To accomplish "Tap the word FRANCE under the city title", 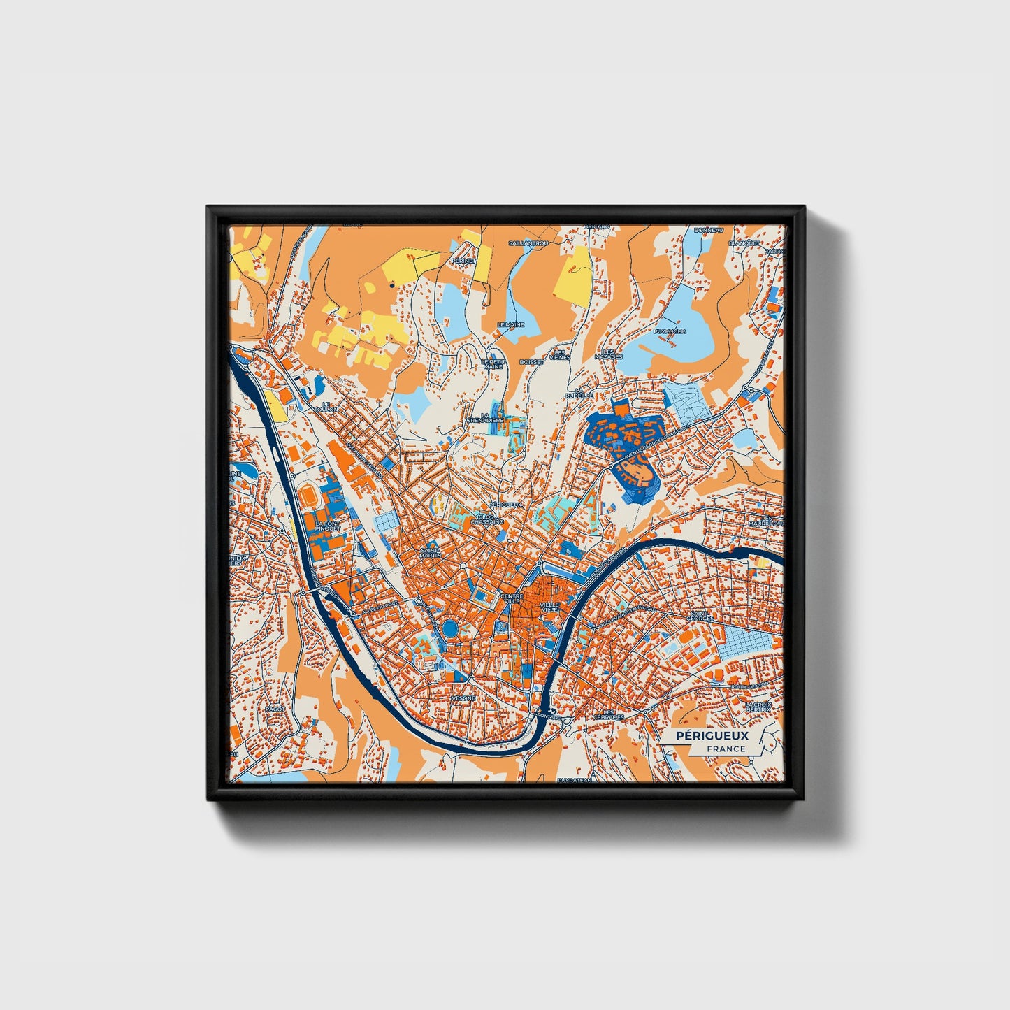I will [726, 749].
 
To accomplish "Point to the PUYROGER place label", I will [670, 331].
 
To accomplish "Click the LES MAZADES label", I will [608, 354].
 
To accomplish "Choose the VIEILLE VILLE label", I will [550, 607].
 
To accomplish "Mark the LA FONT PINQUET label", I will [326, 526].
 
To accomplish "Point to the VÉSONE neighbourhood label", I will [463, 698].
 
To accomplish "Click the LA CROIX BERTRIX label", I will [759, 707].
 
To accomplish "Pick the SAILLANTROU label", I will [529, 243].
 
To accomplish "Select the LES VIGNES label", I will [559, 354].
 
